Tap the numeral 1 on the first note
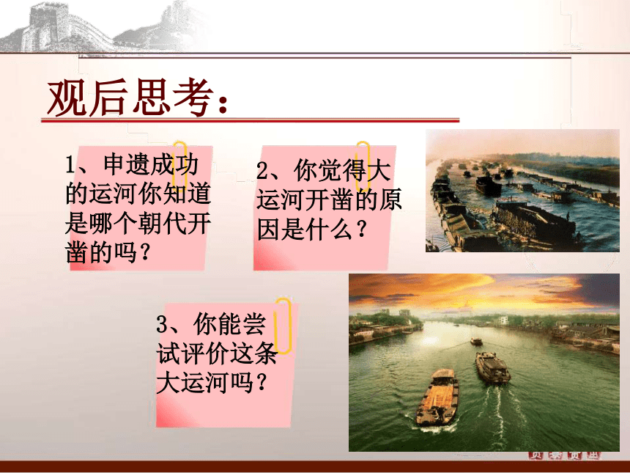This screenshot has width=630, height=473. pyautogui.click(x=70, y=164)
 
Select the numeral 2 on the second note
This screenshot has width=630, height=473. pyautogui.click(x=262, y=171)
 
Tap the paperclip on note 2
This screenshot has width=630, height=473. pyautogui.click(x=363, y=166)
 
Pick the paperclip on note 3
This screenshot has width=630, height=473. pyautogui.click(x=283, y=326)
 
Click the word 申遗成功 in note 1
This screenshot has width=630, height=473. pyautogui.click(x=151, y=164)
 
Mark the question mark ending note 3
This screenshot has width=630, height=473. pyautogui.click(x=261, y=383)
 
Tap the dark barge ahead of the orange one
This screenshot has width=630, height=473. pyautogui.click(x=492, y=367)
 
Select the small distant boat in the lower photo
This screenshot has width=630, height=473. pyautogui.click(x=476, y=341)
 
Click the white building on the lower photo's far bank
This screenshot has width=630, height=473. pyautogui.click(x=503, y=320)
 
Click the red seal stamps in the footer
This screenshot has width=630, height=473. pyautogui.click(x=564, y=455)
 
